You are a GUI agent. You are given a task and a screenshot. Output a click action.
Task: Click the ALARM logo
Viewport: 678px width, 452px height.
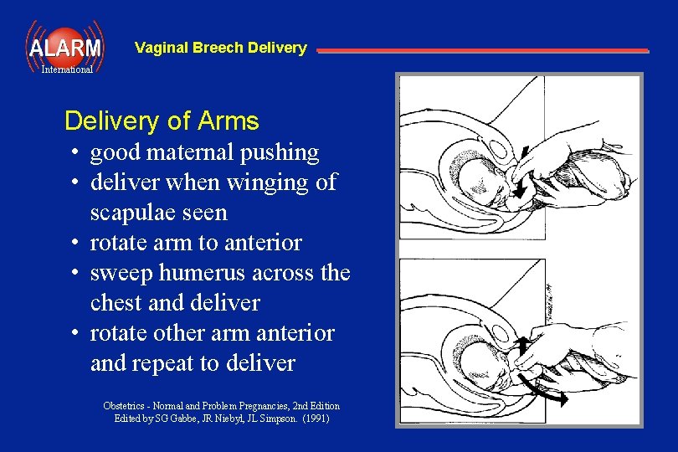(64, 47)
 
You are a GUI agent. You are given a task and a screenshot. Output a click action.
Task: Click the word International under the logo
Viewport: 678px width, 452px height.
(67, 70)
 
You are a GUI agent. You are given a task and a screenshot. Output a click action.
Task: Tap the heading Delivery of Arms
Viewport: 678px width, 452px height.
(162, 121)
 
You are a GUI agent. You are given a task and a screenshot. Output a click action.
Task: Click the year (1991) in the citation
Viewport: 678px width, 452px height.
(315, 418)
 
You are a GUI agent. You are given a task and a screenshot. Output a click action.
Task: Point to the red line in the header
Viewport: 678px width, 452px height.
(482, 51)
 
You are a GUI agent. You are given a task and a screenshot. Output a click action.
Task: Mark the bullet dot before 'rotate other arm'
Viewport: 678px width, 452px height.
(75, 333)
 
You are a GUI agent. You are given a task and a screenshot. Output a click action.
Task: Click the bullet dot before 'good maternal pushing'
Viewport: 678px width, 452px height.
(75, 153)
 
